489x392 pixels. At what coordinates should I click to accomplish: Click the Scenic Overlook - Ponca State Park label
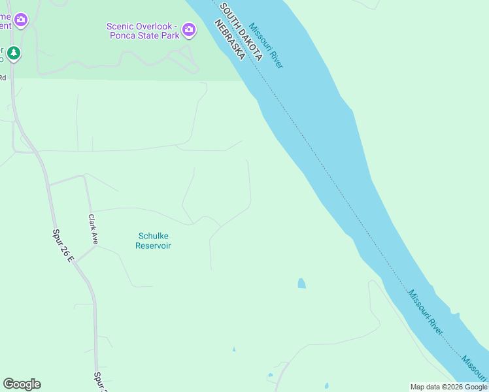pyautogui.click(x=143, y=31)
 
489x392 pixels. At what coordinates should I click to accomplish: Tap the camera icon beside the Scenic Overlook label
pyautogui.click(x=189, y=29)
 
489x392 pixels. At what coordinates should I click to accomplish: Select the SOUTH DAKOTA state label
pyautogui.click(x=241, y=31)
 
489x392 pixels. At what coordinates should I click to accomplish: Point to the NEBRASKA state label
pyautogui.click(x=229, y=40)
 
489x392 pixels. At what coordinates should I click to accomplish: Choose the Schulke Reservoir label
pyautogui.click(x=153, y=241)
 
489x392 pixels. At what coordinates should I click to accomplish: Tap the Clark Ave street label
pyautogui.click(x=93, y=230)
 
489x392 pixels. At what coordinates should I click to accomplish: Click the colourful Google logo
pyautogui.click(x=22, y=384)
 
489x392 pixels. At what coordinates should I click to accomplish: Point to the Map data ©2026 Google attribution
pyautogui.click(x=448, y=387)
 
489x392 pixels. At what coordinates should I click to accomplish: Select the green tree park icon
pyautogui.click(x=14, y=52)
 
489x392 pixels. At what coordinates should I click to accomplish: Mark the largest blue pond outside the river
pyautogui.click(x=301, y=284)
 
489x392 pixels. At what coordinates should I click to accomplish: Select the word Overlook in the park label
pyautogui.click(x=158, y=26)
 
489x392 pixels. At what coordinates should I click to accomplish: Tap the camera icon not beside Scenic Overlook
pyautogui.click(x=21, y=20)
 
